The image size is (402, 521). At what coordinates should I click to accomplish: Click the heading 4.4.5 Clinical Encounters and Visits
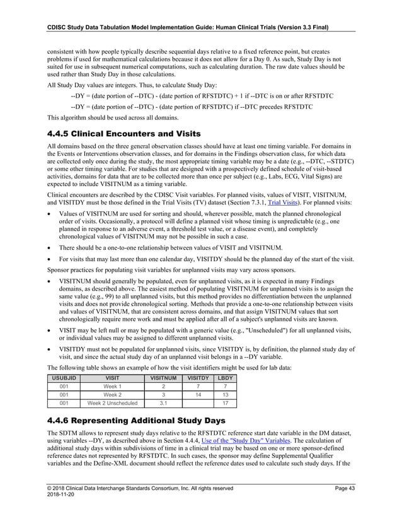[124, 134]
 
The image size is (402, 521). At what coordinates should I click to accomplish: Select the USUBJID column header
[64, 378]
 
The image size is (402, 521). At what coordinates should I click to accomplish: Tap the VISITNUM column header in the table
[163, 378]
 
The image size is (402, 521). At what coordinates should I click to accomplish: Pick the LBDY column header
[225, 378]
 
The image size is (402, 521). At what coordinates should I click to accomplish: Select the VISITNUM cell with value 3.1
[163, 404]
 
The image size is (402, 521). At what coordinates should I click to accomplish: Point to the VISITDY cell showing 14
[198, 395]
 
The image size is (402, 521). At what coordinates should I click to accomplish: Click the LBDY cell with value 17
[225, 404]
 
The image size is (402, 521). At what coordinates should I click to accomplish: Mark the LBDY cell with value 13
[225, 395]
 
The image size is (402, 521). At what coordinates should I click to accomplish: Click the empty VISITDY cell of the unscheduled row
[198, 404]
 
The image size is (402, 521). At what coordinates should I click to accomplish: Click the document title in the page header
[190, 27]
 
